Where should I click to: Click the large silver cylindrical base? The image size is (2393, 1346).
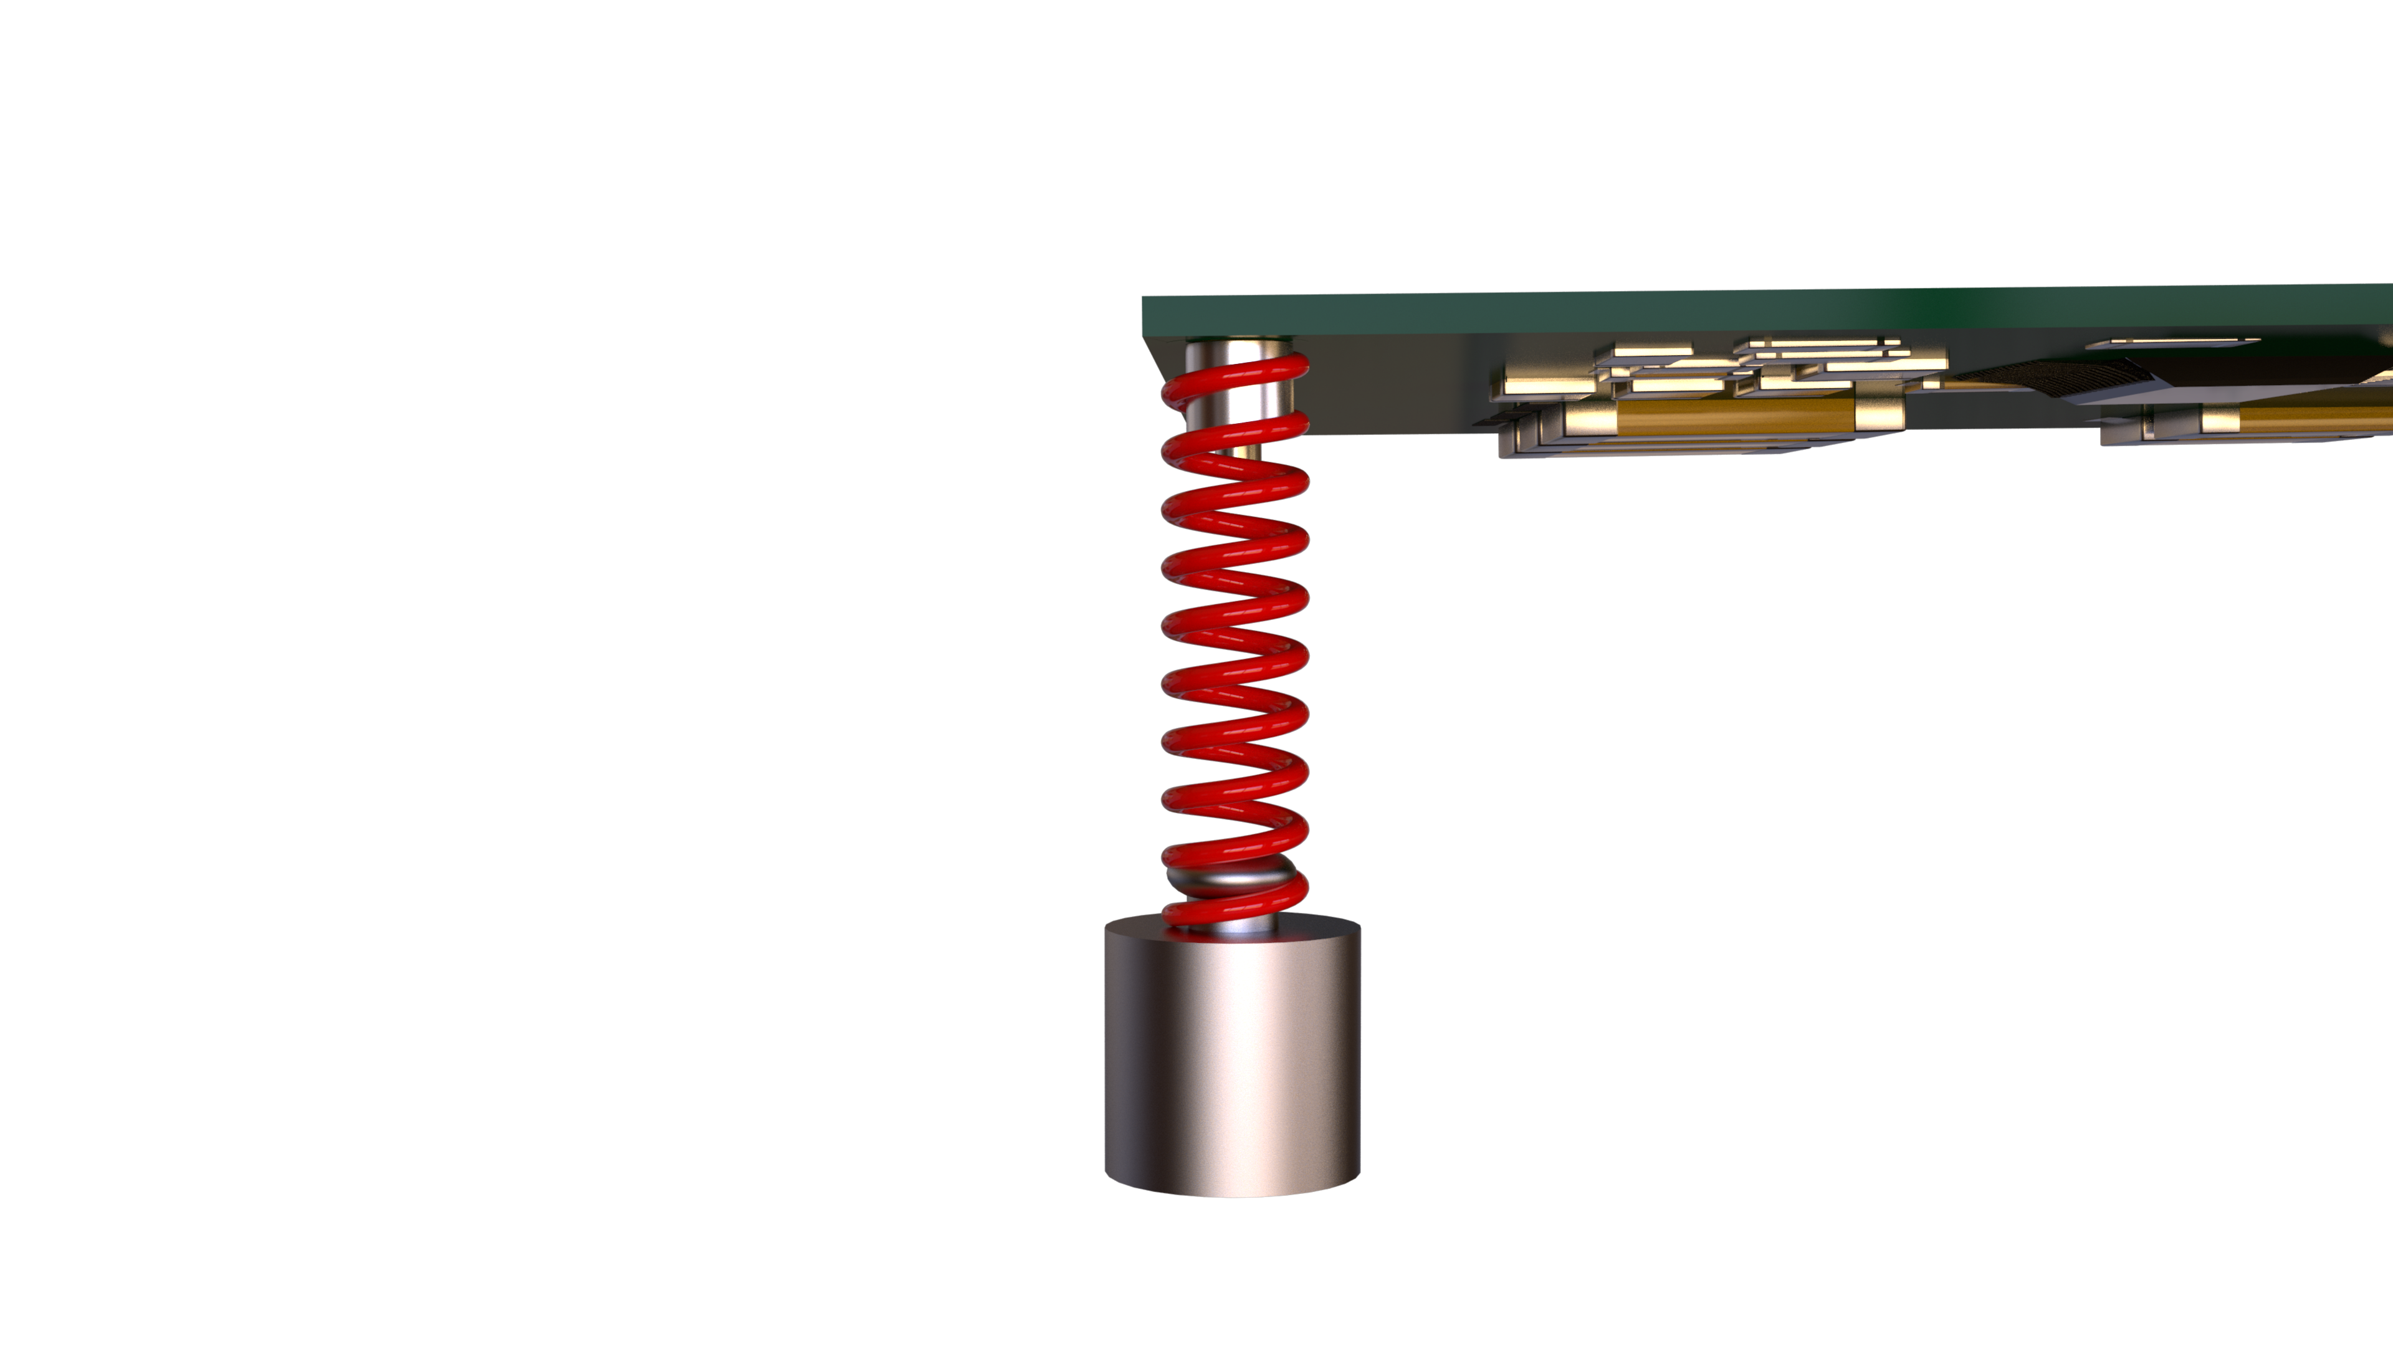[1232, 1068]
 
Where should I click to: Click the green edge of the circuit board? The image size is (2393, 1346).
[1579, 311]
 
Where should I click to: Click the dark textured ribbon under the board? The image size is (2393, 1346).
[2062, 375]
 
